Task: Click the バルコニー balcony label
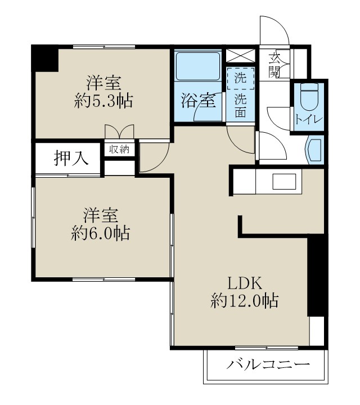(268, 365)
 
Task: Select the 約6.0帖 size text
(101, 232)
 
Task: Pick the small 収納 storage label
(119, 149)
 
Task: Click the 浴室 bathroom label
(197, 102)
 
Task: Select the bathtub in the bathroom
(197, 67)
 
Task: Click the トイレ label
(309, 119)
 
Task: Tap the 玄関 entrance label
(274, 64)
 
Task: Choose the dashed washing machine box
(240, 78)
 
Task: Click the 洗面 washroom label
(240, 105)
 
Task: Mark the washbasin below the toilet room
(313, 150)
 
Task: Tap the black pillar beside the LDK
(317, 276)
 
